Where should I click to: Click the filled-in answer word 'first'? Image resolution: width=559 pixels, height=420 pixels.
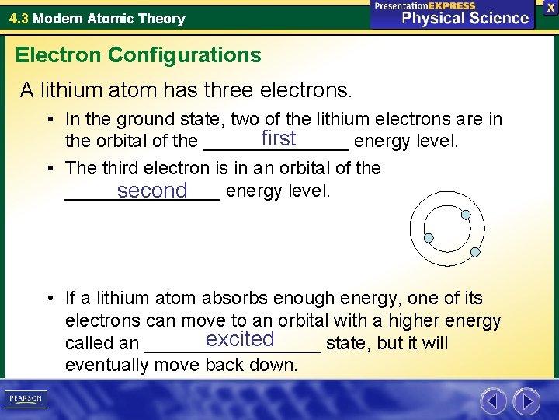[279, 138]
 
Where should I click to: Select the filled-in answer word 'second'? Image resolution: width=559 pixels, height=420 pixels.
[152, 190]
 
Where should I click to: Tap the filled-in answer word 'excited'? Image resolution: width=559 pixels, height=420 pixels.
[240, 339]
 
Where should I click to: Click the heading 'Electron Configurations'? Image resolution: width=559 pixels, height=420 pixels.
[138, 55]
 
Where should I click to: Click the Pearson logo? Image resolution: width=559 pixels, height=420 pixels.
[25, 399]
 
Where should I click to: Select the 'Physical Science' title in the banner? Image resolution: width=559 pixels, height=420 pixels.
[465, 18]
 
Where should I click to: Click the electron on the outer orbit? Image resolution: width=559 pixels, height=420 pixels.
[476, 252]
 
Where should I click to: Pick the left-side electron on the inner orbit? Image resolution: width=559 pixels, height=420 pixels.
[428, 237]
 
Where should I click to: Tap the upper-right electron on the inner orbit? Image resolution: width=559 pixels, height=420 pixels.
[464, 215]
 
